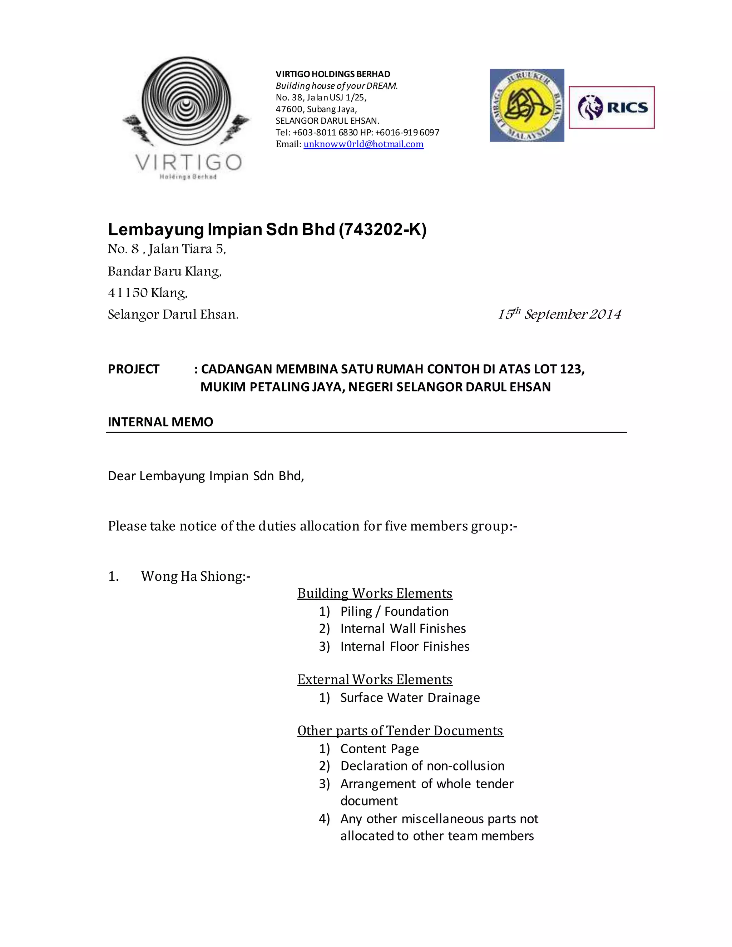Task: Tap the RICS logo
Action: pyautogui.click(x=612, y=108)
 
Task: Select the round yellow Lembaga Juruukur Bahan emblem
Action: pyautogui.click(x=527, y=105)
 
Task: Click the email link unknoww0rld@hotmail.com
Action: pyautogui.click(x=363, y=144)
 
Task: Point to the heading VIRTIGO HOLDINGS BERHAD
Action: pyautogui.click(x=333, y=74)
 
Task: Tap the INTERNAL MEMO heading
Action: pyautogui.click(x=160, y=422)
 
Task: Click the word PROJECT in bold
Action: pyautogui.click(x=134, y=369)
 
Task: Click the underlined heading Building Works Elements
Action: pyautogui.click(x=375, y=593)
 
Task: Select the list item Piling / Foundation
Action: pyautogui.click(x=394, y=611)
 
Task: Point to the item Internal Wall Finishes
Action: pyautogui.click(x=403, y=629)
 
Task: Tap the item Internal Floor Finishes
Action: pyautogui.click(x=405, y=646)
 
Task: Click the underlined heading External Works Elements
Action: pyautogui.click(x=375, y=679)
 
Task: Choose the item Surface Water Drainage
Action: pyautogui.click(x=410, y=698)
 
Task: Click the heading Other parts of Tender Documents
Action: pyautogui.click(x=400, y=731)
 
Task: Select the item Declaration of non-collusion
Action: pyautogui.click(x=422, y=766)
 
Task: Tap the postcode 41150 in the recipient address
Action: pyautogui.click(x=128, y=293)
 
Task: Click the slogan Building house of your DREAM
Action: pyautogui.click(x=336, y=86)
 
